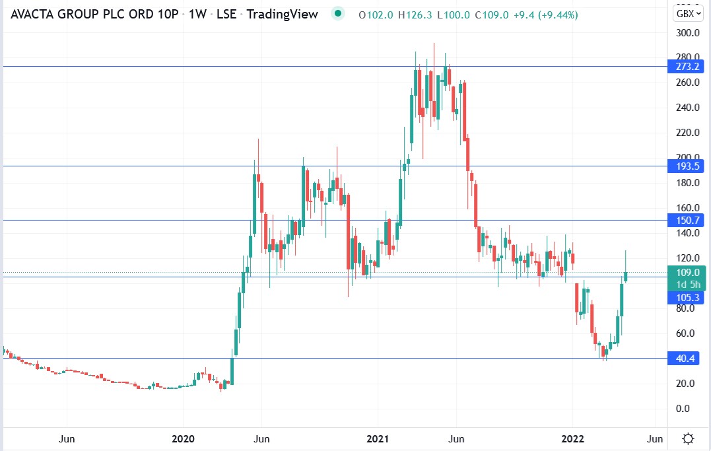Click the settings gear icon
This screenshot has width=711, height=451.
click(x=688, y=438)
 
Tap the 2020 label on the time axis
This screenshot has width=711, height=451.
click(x=183, y=439)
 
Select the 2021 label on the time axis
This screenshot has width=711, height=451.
click(x=378, y=439)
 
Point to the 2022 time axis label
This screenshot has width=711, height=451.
click(x=572, y=439)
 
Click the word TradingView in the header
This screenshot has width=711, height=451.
click(x=282, y=14)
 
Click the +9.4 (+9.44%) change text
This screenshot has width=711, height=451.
click(x=545, y=15)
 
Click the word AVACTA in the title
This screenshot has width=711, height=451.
click(x=32, y=14)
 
